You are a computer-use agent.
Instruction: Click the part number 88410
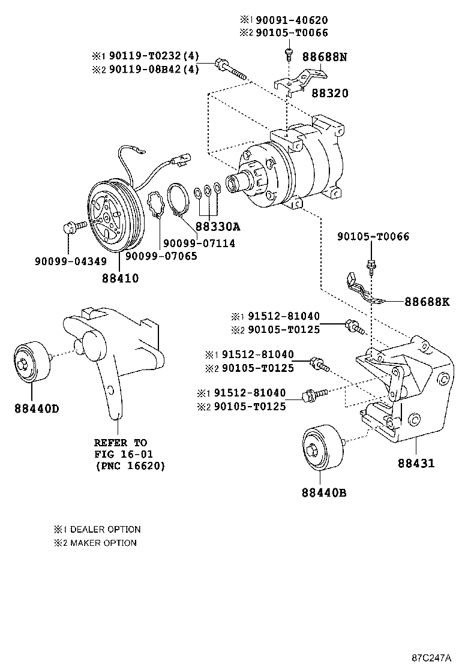[x=120, y=278]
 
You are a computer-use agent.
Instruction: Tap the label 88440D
[x=37, y=409]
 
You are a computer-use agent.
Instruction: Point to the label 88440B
[x=324, y=493]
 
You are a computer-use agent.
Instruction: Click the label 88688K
[x=426, y=301]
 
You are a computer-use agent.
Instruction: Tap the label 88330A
[x=217, y=227]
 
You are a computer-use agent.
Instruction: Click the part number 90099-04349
[x=70, y=262]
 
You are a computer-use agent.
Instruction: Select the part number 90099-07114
[x=197, y=243]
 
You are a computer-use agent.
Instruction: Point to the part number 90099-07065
[x=160, y=256]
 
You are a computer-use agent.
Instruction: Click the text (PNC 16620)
[x=130, y=465]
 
